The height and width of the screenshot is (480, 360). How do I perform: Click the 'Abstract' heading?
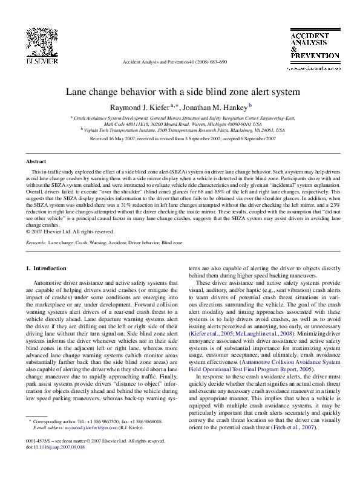tap(36, 163)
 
